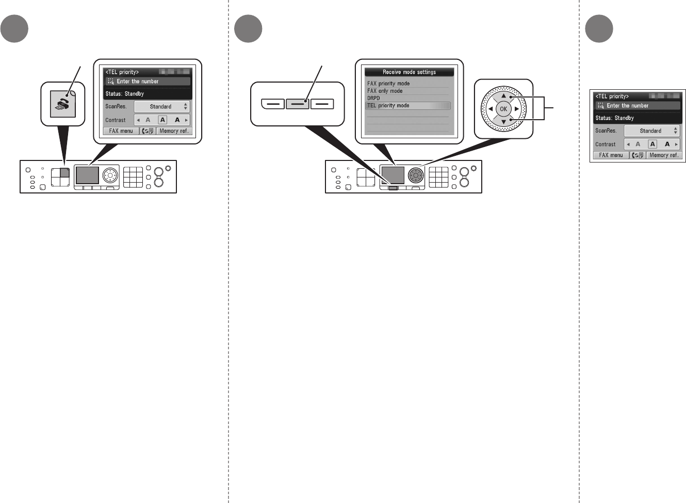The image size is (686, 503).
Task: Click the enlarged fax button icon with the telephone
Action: click(x=63, y=104)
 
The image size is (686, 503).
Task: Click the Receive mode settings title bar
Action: click(x=409, y=72)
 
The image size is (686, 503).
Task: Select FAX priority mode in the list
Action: click(x=388, y=84)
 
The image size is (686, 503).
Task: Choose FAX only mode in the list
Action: click(x=385, y=91)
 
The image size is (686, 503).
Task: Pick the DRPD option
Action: click(x=373, y=98)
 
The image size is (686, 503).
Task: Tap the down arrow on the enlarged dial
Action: click(x=503, y=122)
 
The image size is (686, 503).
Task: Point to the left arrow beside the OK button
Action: click(x=491, y=109)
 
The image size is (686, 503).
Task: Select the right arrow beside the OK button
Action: click(x=516, y=109)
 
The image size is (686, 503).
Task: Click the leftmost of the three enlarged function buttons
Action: click(x=273, y=104)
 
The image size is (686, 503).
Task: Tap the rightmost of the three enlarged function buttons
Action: click(x=322, y=104)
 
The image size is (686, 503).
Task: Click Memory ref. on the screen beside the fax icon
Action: click(x=174, y=131)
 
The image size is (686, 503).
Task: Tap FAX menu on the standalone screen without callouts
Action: click(x=611, y=155)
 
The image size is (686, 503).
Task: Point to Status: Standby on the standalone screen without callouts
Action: click(x=615, y=118)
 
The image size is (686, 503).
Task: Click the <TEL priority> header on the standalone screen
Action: click(x=612, y=96)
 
